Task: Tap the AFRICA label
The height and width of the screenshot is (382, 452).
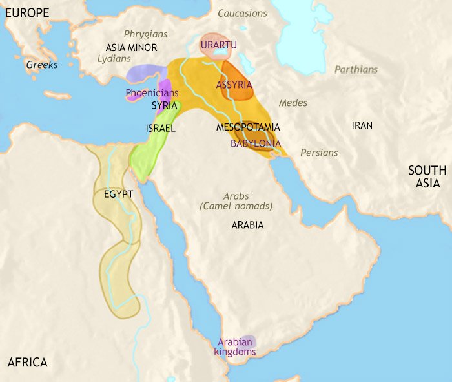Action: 27,363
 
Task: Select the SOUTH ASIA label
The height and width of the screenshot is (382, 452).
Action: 427,177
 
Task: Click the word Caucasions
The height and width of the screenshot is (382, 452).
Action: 242,13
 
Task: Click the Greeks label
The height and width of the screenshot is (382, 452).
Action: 42,65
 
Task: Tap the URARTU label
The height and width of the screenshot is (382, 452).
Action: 218,45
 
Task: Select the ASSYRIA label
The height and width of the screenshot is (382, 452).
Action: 234,85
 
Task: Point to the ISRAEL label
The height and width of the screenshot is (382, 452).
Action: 161,128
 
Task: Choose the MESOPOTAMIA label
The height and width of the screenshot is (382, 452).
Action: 247,127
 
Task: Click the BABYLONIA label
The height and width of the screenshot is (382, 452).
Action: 256,143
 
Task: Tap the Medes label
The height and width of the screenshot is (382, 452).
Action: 293,103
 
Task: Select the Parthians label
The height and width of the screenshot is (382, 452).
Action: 356,69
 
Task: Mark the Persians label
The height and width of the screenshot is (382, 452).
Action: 319,153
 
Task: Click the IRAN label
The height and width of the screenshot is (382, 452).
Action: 362,125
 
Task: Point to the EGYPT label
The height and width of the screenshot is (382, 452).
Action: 118,194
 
